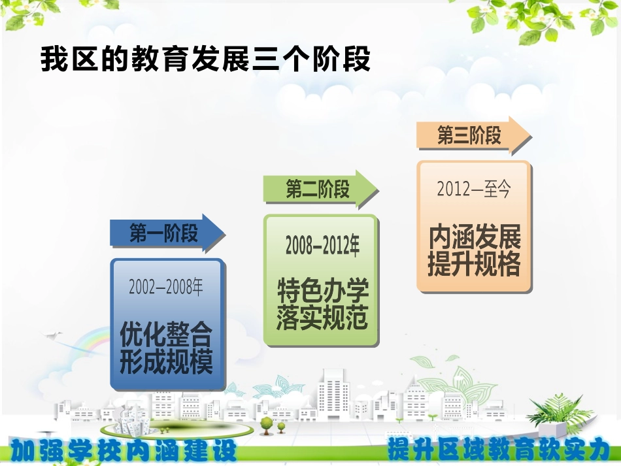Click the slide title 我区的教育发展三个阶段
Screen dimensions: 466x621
click(x=205, y=59)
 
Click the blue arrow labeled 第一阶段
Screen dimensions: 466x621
click(x=167, y=233)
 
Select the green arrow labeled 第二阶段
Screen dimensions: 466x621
click(x=320, y=190)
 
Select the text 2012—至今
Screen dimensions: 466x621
click(x=473, y=190)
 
